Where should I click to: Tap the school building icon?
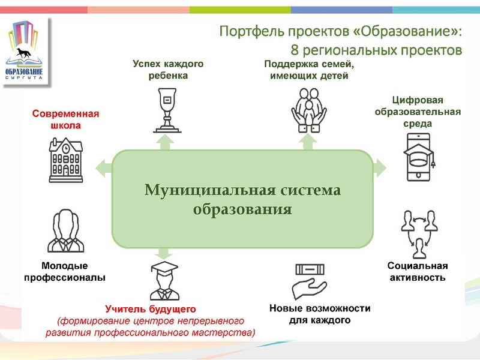pos(65,158)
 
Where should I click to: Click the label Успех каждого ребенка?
pos(168,69)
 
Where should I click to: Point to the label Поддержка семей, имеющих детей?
pos(310,69)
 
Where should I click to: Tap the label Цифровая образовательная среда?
pos(418,111)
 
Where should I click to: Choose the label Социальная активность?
pos(418,271)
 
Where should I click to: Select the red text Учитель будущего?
pos(151,309)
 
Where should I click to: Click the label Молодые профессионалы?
pos(65,271)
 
